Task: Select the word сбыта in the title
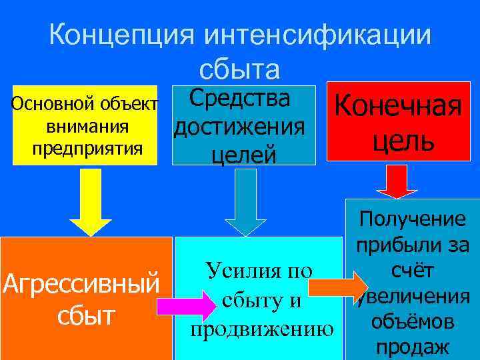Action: pos(239,69)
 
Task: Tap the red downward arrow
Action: pos(397,180)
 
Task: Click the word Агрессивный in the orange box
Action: pos(81,284)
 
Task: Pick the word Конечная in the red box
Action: pos(399,107)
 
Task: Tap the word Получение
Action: pos(411,220)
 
